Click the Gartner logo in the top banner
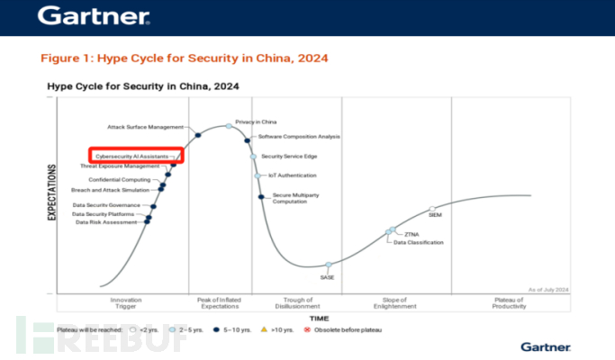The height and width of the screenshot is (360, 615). coord(95,16)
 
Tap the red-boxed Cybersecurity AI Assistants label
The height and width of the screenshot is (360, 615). coord(135,156)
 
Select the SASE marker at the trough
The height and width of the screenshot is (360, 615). coord(329,265)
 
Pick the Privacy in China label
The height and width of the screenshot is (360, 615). coord(256,121)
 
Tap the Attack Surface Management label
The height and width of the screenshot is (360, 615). coord(146,127)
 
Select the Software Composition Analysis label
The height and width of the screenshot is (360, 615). coord(299,136)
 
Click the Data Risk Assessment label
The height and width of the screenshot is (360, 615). coord(106,222)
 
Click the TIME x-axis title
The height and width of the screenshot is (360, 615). coord(319,319)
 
